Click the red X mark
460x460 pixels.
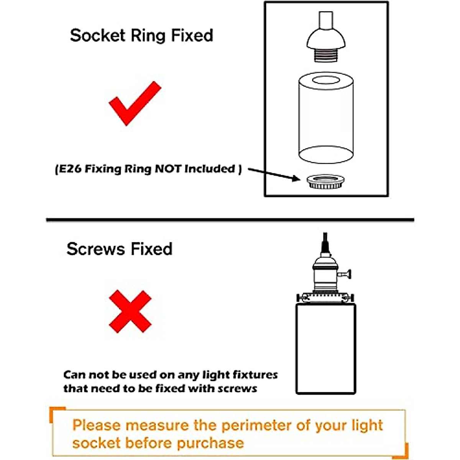[x=130, y=311]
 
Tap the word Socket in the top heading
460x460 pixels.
[x=98, y=35]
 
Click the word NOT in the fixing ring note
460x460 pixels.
[x=168, y=169]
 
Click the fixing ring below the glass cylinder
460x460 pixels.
[x=325, y=181]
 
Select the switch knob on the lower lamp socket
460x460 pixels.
[x=348, y=273]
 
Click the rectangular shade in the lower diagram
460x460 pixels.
[x=326, y=349]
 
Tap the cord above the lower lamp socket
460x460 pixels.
[x=325, y=243]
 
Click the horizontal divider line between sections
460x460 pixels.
[x=230, y=220]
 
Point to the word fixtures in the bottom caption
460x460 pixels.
[x=255, y=375]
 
